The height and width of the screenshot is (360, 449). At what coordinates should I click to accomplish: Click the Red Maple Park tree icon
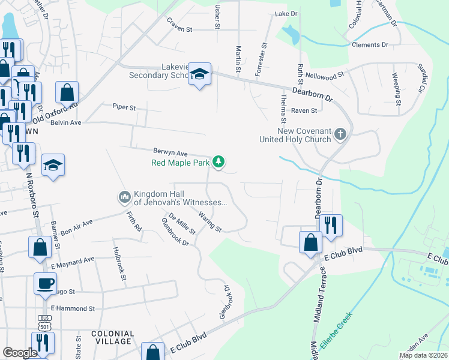[220, 161]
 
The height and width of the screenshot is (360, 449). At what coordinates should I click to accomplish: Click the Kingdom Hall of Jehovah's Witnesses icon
[125, 196]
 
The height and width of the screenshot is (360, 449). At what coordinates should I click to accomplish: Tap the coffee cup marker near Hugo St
[45, 283]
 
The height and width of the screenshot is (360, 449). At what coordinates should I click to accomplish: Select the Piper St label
[124, 107]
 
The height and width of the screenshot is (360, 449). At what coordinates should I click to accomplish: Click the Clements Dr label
[370, 45]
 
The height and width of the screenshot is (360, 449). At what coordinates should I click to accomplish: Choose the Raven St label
[304, 110]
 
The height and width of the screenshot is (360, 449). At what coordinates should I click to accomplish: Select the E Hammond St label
[73, 308]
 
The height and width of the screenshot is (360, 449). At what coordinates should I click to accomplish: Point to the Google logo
[20, 353]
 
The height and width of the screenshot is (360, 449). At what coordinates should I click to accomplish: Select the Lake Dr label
[286, 13]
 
